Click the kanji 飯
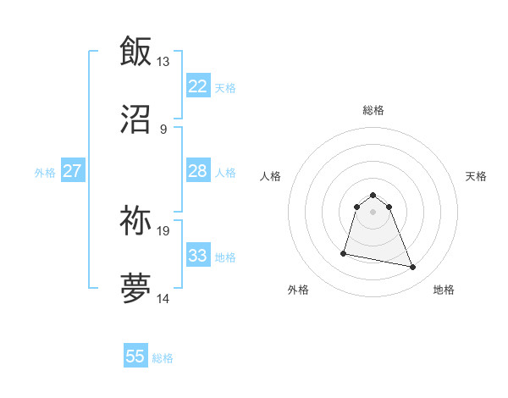(x=135, y=51)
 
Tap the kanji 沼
(x=135, y=120)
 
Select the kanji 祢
(x=135, y=220)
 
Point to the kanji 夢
(x=135, y=289)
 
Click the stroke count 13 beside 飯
(x=163, y=62)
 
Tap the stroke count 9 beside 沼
(x=163, y=130)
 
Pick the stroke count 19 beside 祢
(x=163, y=230)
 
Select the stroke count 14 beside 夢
(x=163, y=299)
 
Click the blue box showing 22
(x=198, y=86)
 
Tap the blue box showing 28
(x=198, y=171)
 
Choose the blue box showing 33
(x=198, y=256)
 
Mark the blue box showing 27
(x=73, y=171)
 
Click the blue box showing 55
(x=135, y=357)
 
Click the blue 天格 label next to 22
(x=225, y=87)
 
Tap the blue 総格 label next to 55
(x=163, y=358)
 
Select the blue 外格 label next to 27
(x=45, y=172)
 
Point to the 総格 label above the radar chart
(x=373, y=110)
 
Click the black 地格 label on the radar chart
(x=444, y=290)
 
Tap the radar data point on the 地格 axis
(x=413, y=268)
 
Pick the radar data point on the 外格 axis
(x=344, y=252)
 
